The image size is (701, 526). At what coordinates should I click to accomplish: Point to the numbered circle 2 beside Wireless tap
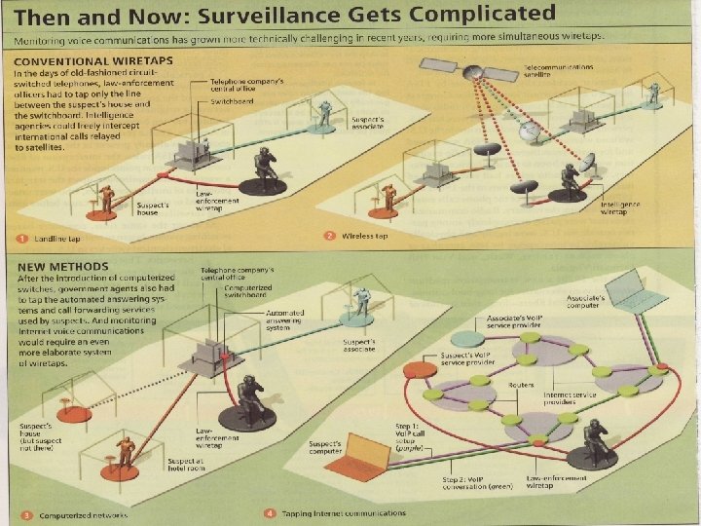pos(330,236)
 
